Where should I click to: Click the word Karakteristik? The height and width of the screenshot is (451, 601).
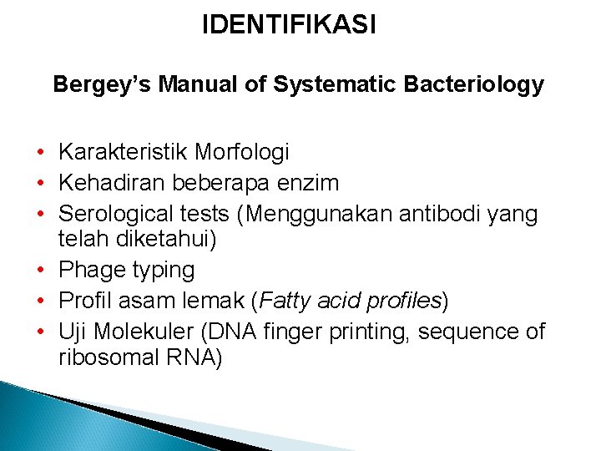[123, 152]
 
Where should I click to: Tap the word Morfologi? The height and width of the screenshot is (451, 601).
[241, 152]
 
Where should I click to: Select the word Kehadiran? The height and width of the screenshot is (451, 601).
[111, 183]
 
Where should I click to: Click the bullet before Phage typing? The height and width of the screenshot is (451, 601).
[40, 271]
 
